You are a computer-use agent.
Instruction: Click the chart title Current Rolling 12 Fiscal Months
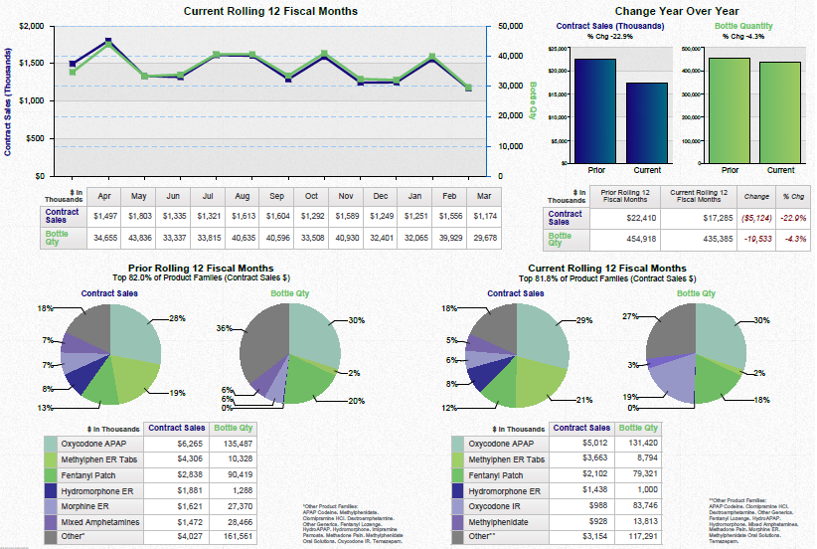tap(271, 11)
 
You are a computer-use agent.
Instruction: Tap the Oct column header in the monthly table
tap(311, 196)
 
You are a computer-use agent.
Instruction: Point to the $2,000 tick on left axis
tap(29, 26)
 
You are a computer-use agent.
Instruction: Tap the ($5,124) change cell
tap(756, 216)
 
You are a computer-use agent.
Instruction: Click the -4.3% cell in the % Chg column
tap(793, 239)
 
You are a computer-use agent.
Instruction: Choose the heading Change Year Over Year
tap(675, 11)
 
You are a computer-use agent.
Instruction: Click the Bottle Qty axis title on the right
tap(533, 100)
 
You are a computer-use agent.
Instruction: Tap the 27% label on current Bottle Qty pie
tap(630, 316)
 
